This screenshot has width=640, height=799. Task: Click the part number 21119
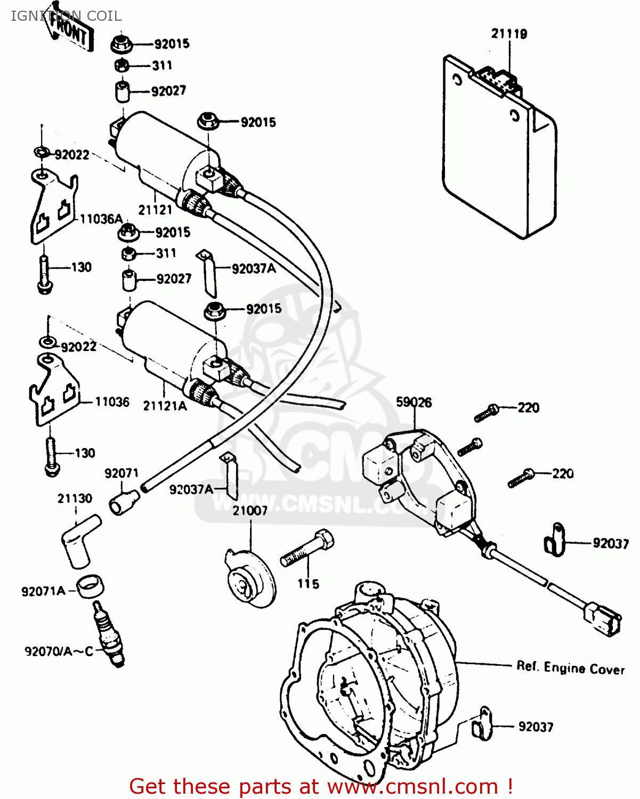pos(509,34)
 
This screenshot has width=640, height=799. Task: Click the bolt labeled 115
pos(307,549)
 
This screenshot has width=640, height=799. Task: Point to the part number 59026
pos(414,403)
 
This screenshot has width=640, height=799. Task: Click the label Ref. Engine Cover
pos(570,668)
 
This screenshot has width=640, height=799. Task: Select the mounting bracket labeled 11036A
pos(52,207)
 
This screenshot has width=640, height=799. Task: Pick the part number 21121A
pos(165,406)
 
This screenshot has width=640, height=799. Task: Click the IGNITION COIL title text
pos(66,16)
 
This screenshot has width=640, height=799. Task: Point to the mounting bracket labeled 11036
pos(54,392)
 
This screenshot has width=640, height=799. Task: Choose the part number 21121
pos(155,210)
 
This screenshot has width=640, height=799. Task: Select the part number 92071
pos(121,474)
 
